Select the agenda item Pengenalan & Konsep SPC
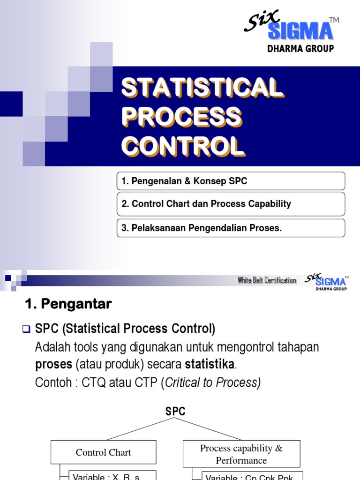(231, 181)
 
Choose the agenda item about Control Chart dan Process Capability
(231, 204)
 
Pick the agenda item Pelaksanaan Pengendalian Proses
(231, 228)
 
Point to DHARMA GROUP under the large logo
(300, 49)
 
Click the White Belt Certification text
(267, 280)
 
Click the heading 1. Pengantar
(68, 304)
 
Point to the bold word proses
(52, 364)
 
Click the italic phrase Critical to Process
(213, 382)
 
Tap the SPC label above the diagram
(175, 412)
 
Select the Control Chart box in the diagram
(103, 452)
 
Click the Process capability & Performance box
(241, 454)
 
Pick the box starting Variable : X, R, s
(112, 475)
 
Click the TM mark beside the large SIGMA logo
(334, 20)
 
